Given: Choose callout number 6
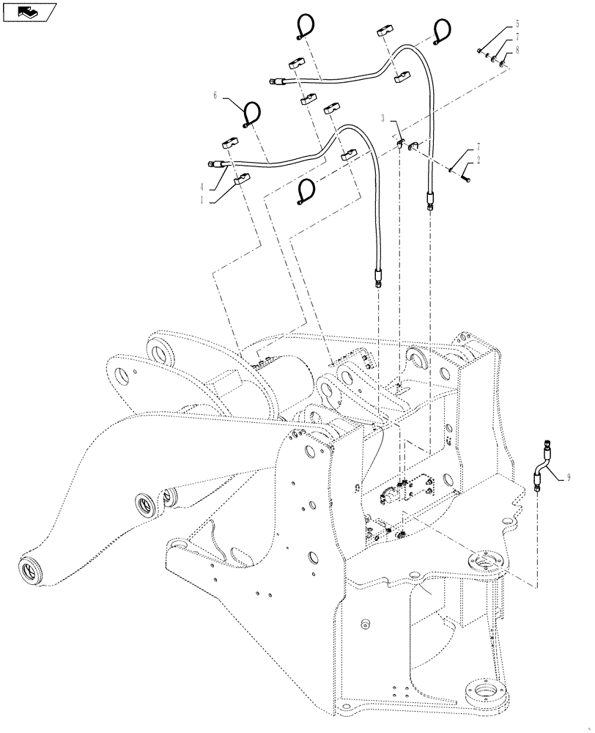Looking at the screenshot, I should coord(216,95).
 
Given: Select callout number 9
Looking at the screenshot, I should coord(568,478).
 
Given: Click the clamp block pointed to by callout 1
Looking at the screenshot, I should coord(241,177).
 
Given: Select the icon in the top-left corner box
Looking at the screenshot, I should coord(29,11).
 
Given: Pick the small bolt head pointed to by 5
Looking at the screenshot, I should coord(479,51).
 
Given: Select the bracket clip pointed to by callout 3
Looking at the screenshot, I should coord(401,143).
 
